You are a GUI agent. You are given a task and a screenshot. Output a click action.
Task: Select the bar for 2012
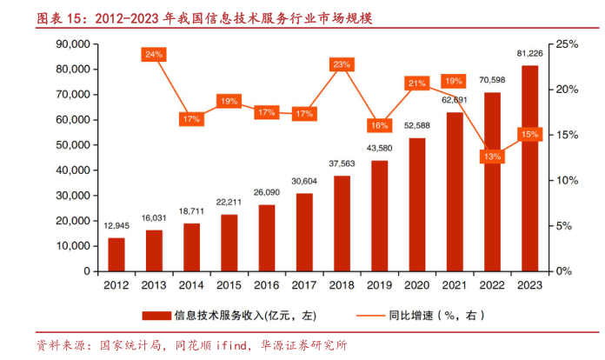point(116,254)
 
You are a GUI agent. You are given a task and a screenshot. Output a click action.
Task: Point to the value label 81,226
point(529,54)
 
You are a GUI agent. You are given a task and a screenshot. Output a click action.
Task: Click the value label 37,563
point(342,163)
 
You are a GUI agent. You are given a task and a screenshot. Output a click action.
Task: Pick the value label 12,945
point(116,226)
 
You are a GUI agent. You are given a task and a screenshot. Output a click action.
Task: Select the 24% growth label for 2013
point(154,54)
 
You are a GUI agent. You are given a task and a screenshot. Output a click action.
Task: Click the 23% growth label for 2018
point(342,64)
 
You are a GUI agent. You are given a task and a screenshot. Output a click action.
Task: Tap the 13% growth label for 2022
point(492,157)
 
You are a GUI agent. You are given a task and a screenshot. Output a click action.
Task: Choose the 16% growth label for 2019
point(379,125)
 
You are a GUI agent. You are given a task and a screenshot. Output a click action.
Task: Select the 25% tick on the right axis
point(567,43)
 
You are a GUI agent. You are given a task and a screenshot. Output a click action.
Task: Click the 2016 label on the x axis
point(266,284)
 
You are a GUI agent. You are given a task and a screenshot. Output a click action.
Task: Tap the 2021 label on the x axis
point(455,284)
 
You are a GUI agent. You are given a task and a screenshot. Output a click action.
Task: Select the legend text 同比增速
point(409,315)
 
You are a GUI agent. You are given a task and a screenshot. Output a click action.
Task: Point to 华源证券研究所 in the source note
point(304,345)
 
